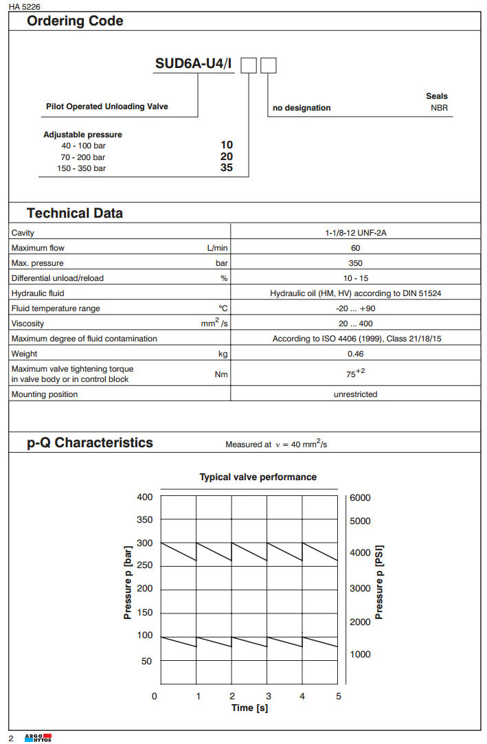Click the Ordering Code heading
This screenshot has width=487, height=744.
coord(75,21)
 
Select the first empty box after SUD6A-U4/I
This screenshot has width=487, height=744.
coord(249,66)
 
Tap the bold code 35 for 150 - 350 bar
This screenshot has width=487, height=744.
coord(227,167)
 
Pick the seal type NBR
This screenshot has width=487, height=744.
coord(439,108)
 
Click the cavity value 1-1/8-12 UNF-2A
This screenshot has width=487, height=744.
coord(355,233)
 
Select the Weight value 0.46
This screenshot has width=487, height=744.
coord(355,354)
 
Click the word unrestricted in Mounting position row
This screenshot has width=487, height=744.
coord(355,394)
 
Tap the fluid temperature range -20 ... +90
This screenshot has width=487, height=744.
coord(355,308)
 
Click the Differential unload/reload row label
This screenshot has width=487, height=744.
coord(58,278)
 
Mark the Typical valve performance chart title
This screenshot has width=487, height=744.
coord(258,477)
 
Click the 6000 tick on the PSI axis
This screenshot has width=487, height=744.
coord(360,497)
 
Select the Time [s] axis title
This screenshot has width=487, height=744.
coord(249,708)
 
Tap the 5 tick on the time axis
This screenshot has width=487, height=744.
coord(338,696)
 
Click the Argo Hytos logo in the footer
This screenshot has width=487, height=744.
coord(38,737)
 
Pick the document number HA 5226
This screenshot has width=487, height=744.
coord(25,6)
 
